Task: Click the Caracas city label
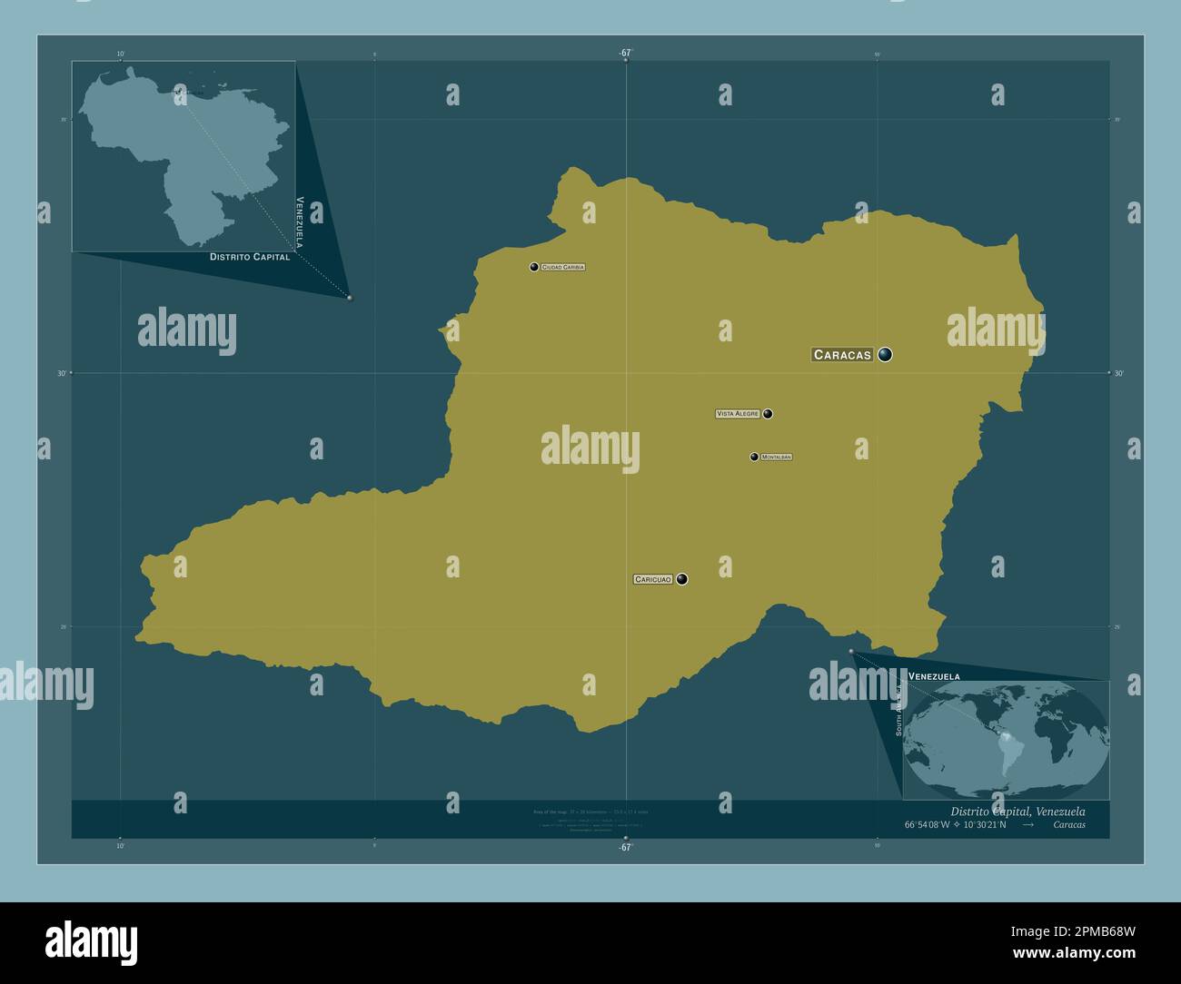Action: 842,355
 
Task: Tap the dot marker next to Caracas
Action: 885,355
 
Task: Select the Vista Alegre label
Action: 738,414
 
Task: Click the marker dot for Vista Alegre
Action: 768,414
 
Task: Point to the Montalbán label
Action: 777,457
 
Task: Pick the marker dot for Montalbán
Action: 754,457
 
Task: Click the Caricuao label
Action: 652,579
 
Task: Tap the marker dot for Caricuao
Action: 681,579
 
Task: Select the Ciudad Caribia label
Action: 563,267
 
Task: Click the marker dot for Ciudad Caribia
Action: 534,267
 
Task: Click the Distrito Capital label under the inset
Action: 250,257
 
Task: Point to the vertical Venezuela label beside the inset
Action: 299,221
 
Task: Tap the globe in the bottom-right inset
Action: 1007,740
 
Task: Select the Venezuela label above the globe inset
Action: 934,677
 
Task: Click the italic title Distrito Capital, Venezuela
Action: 1017,811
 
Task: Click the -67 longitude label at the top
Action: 625,53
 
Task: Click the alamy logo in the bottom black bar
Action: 91,942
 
